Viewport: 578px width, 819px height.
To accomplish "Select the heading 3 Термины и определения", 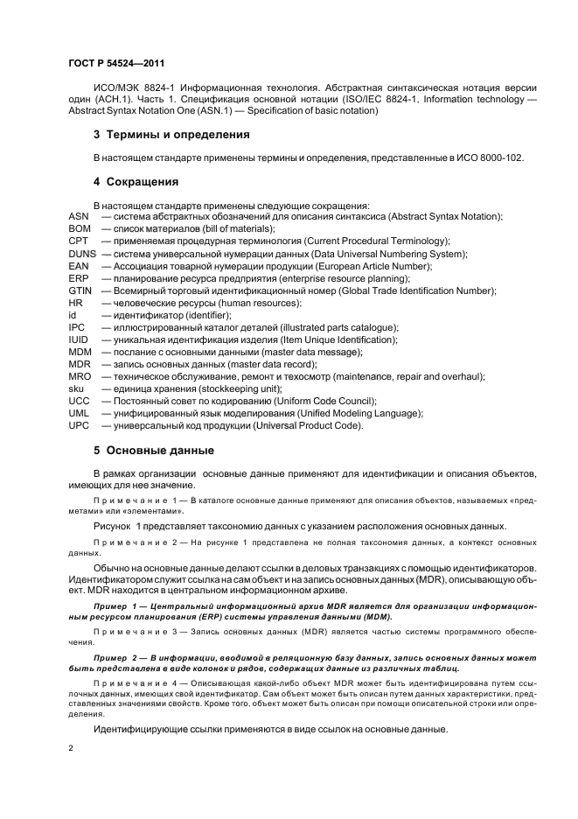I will (171, 135).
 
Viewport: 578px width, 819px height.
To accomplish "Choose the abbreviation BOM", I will (80, 228).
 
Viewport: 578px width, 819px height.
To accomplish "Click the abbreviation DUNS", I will (82, 254).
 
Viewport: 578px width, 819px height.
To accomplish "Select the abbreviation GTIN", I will (80, 290).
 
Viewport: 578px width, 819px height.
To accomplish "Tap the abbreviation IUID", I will (80, 339).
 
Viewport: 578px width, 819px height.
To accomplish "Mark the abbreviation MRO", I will (80, 376).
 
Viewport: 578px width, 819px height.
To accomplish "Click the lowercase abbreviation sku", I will (76, 388).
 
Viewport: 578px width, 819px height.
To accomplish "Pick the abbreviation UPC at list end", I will (80, 425).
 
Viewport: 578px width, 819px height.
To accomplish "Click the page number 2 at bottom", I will (71, 749).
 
